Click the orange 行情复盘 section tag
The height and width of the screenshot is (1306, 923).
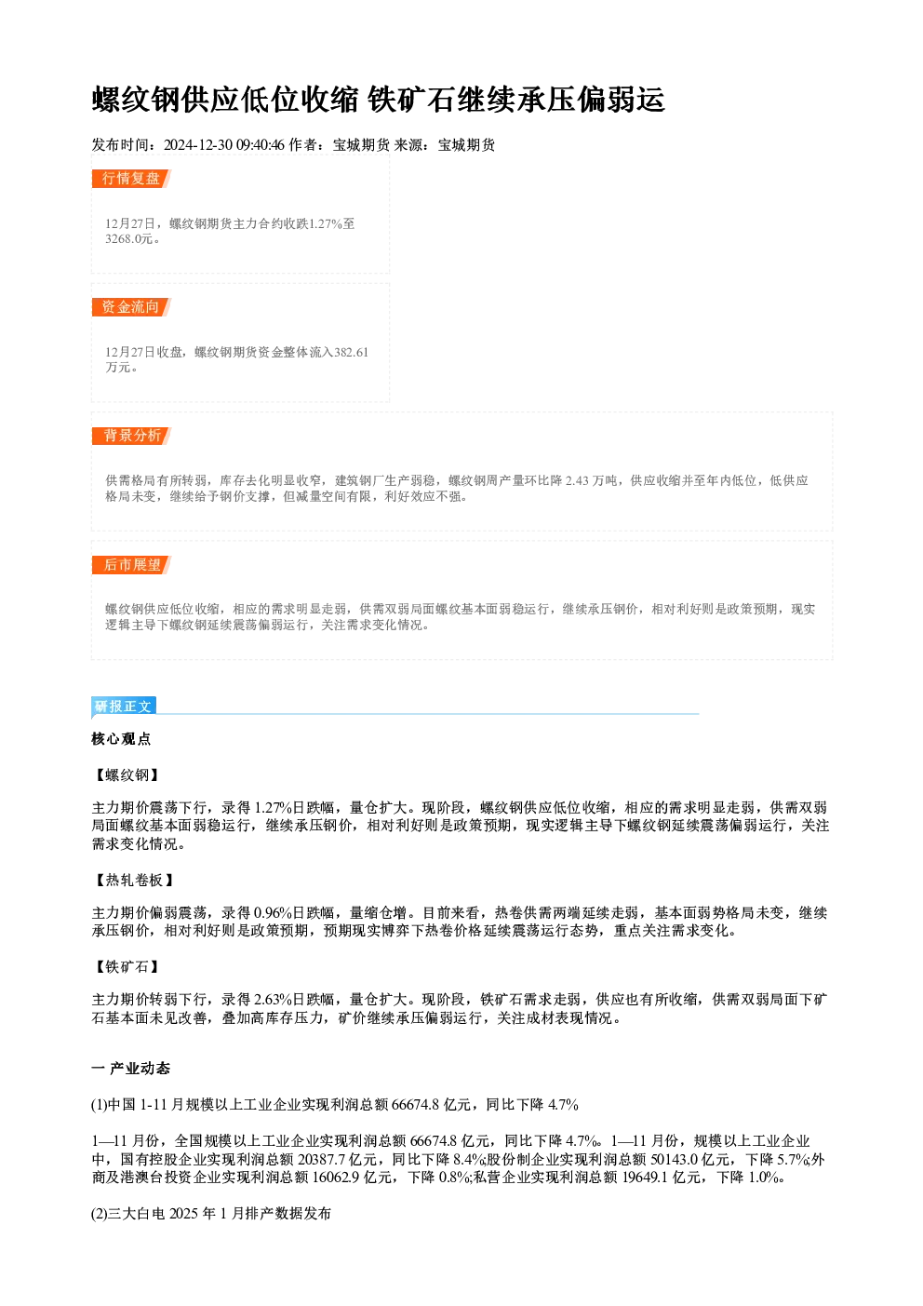(x=130, y=179)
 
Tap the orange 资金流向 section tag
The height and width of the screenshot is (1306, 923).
(x=130, y=306)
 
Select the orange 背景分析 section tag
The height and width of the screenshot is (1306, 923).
(x=130, y=436)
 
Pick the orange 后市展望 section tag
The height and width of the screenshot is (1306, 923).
(x=130, y=564)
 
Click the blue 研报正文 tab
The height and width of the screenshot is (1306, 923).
(x=124, y=706)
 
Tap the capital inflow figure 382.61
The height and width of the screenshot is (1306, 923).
(x=351, y=352)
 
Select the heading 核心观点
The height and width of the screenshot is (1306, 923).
(x=121, y=739)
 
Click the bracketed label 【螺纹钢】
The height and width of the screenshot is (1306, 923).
(x=126, y=774)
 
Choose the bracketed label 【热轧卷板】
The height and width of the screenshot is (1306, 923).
(x=133, y=880)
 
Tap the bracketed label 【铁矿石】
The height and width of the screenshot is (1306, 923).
(x=126, y=966)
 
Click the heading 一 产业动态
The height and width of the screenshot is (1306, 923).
(x=130, y=1068)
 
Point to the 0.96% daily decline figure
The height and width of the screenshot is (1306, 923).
(x=273, y=912)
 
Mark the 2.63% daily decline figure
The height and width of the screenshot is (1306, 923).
(x=273, y=1000)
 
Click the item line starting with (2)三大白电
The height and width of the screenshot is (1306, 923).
(x=211, y=1214)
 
